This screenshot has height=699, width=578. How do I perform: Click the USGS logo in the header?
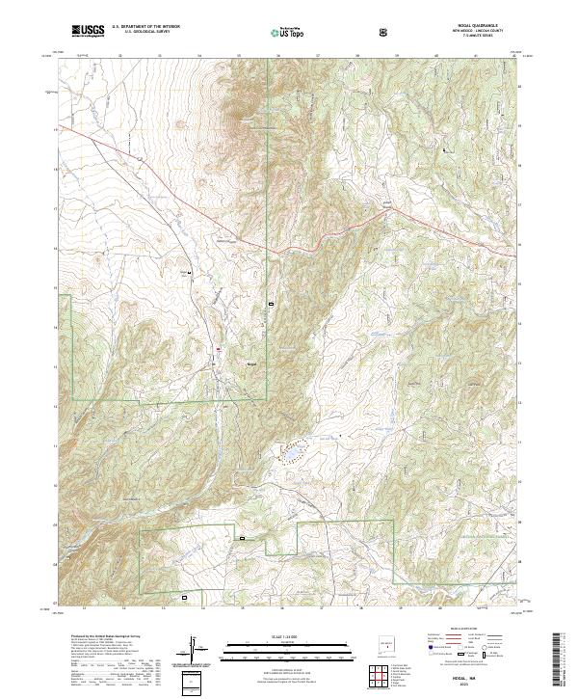point(88,33)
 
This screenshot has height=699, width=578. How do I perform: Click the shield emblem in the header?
point(383,33)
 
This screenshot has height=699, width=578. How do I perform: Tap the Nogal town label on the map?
point(252,363)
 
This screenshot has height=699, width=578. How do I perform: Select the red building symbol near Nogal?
point(218,349)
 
